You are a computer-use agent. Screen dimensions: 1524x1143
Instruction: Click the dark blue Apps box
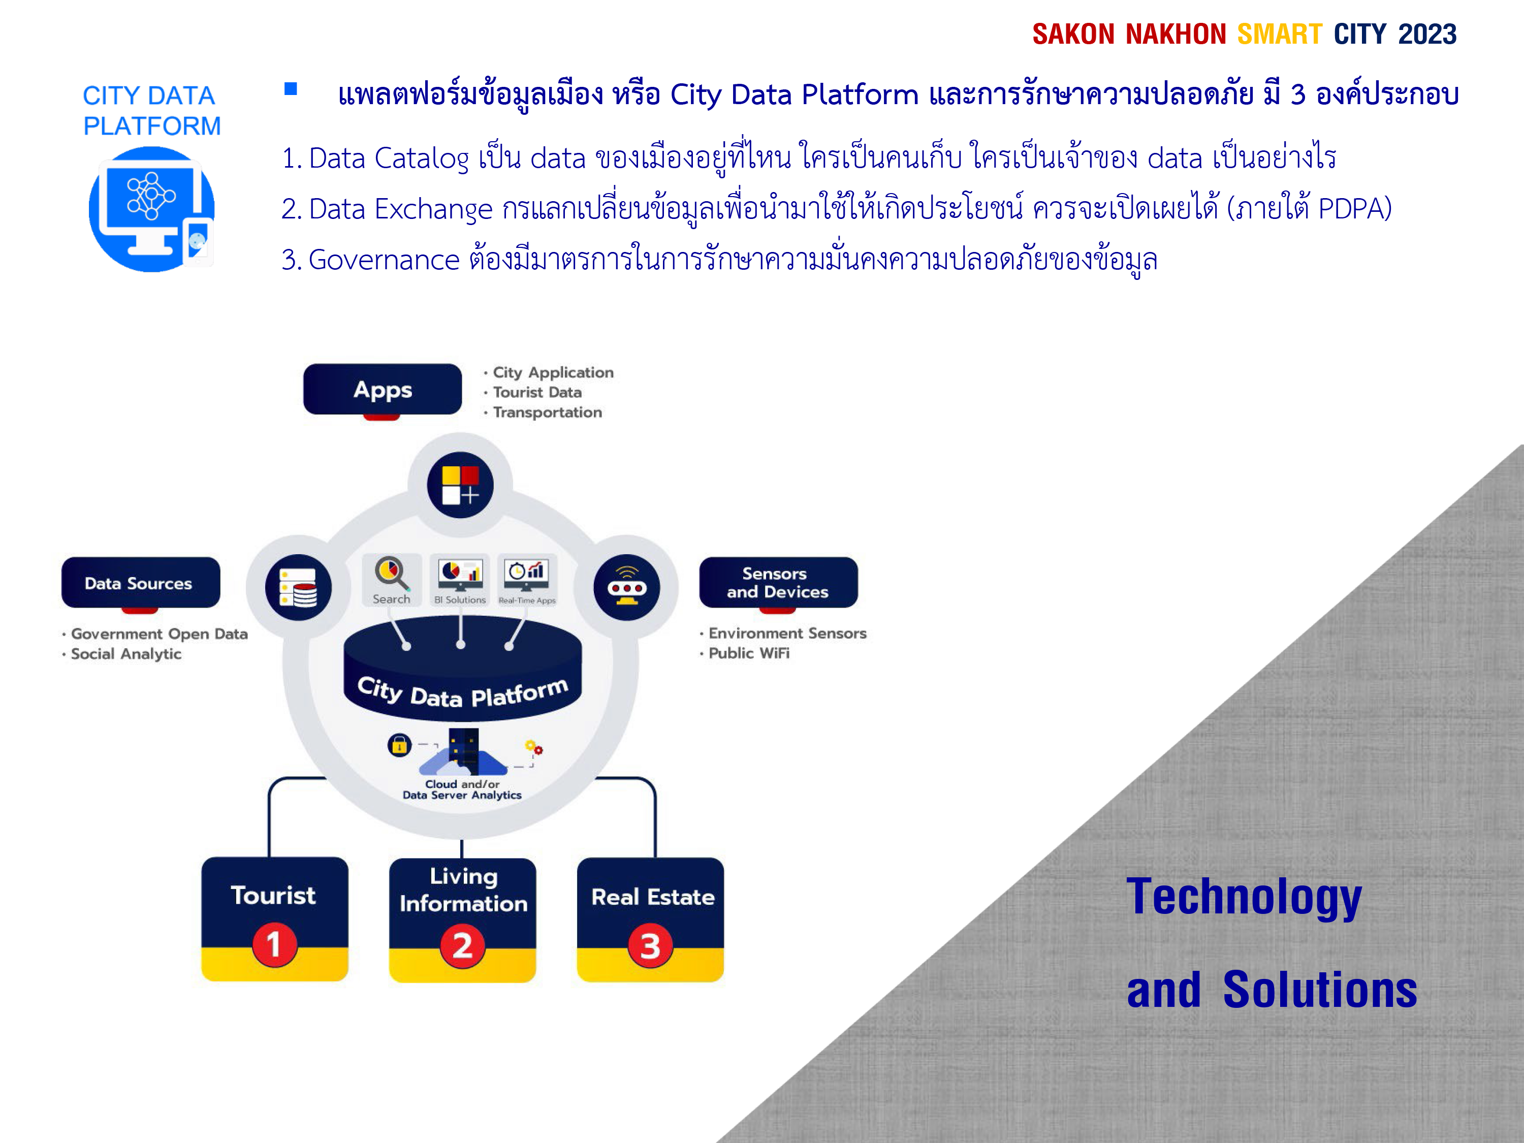[383, 389]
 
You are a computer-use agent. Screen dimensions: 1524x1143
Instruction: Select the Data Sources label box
[141, 583]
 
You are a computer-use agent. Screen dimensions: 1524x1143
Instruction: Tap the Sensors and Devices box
[779, 583]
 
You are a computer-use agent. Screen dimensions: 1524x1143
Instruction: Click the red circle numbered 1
[274, 944]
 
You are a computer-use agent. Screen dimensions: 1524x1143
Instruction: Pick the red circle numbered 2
[462, 946]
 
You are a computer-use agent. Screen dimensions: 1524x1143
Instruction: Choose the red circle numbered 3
[650, 946]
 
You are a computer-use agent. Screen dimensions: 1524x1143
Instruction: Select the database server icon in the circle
[298, 588]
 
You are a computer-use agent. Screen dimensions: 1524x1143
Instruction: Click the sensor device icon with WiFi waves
[627, 588]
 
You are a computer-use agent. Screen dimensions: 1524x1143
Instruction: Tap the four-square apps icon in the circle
[460, 485]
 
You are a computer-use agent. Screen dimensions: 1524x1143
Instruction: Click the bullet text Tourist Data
[537, 392]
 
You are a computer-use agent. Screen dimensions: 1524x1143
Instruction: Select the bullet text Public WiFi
[749, 653]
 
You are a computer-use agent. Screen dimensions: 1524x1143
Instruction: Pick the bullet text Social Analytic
[126, 654]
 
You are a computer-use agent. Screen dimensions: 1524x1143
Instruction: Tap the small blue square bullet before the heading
[291, 89]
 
